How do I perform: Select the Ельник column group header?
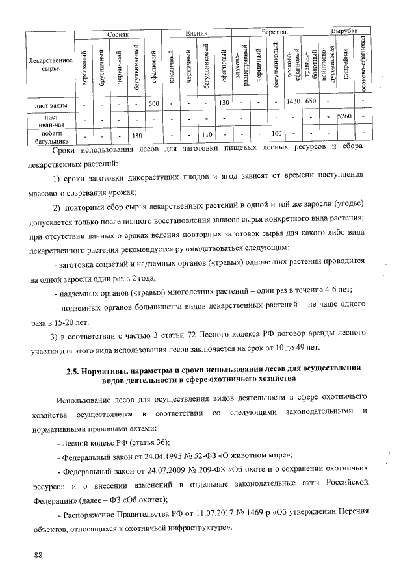click(196, 31)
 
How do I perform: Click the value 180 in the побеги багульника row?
click(136, 134)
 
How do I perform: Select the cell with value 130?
click(224, 103)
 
